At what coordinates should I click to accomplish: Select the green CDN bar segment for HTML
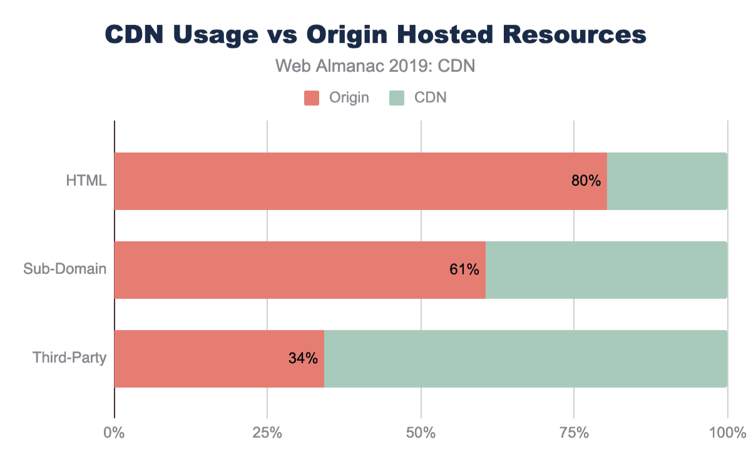[x=667, y=181]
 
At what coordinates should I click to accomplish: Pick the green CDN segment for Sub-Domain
[x=606, y=270]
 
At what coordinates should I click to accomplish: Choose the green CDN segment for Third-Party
[x=526, y=359]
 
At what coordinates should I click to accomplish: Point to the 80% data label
[x=586, y=181]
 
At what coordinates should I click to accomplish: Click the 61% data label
[x=464, y=270]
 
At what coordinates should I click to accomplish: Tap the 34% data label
[x=303, y=359]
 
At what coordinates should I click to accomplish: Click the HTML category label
[x=86, y=181]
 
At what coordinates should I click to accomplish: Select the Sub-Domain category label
[x=65, y=270]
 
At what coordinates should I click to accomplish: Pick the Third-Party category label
[x=69, y=359]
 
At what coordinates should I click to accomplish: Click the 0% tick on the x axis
[x=114, y=432]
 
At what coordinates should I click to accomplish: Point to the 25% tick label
[x=267, y=432]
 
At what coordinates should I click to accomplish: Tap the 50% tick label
[x=421, y=432]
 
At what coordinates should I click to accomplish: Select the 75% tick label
[x=575, y=432]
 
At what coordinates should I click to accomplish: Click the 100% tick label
[x=727, y=432]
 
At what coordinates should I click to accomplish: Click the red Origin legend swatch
[x=312, y=98]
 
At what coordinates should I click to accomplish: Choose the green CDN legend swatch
[x=396, y=98]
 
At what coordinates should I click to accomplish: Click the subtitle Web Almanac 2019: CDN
[x=375, y=66]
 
